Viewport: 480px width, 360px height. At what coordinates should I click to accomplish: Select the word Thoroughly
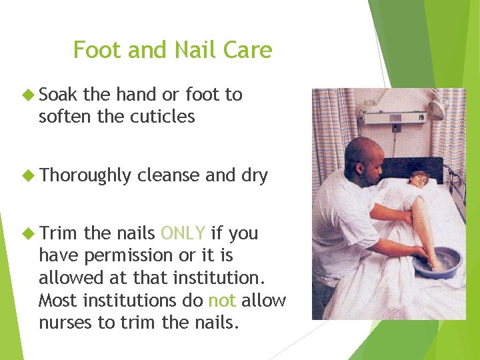click(85, 176)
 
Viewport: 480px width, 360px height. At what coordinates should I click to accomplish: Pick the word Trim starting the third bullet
click(59, 233)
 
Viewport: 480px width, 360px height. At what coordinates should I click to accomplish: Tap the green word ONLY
click(183, 233)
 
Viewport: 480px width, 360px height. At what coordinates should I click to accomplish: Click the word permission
click(128, 255)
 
